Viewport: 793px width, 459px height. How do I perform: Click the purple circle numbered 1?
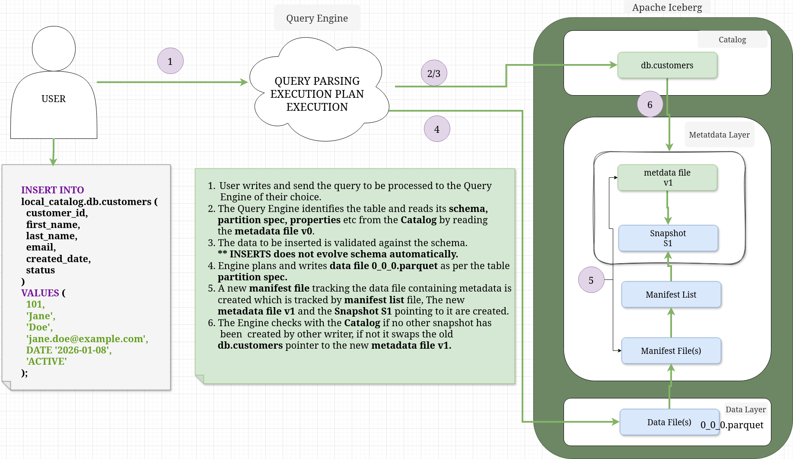point(170,61)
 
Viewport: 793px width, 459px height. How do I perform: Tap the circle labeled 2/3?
point(434,73)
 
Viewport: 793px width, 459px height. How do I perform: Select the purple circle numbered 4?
point(437,129)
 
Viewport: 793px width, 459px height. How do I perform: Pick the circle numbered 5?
point(591,280)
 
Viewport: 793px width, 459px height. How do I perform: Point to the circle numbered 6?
point(650,104)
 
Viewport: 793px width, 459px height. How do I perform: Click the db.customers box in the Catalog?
point(667,65)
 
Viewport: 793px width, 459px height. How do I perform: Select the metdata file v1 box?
point(667,177)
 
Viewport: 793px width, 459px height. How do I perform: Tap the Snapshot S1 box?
point(668,238)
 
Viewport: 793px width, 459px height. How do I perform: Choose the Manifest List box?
point(671,295)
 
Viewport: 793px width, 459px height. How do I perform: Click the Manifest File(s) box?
point(671,351)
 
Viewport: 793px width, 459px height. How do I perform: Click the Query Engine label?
point(317,18)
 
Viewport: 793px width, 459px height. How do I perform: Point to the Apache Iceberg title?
point(667,7)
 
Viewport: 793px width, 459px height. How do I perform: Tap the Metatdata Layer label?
point(719,135)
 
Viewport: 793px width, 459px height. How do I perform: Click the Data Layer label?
point(745,409)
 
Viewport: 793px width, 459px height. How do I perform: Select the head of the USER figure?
point(54,48)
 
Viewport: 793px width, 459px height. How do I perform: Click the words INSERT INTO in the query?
point(52,190)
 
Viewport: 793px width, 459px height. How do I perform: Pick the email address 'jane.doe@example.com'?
point(87,339)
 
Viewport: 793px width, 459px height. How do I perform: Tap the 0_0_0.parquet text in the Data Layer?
point(732,425)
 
